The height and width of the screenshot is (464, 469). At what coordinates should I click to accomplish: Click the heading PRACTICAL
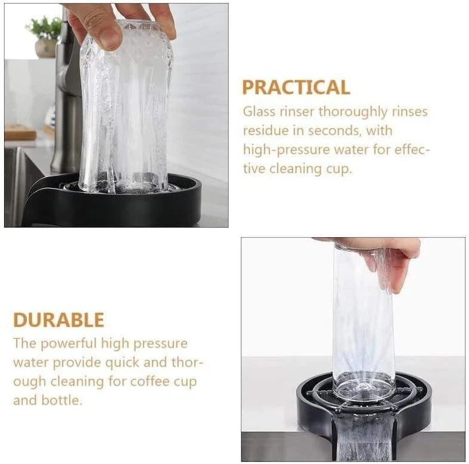[x=296, y=87]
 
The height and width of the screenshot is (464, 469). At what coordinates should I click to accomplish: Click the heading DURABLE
[x=58, y=320]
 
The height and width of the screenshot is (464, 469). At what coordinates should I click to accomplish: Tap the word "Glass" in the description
[x=259, y=112]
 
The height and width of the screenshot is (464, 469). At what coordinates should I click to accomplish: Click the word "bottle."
[x=61, y=400]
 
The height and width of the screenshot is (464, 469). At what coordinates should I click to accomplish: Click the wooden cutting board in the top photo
[x=20, y=133]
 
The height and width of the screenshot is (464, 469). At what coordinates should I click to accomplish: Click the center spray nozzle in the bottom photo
[x=363, y=388]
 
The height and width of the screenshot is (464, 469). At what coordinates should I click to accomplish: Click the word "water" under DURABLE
[x=31, y=363]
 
